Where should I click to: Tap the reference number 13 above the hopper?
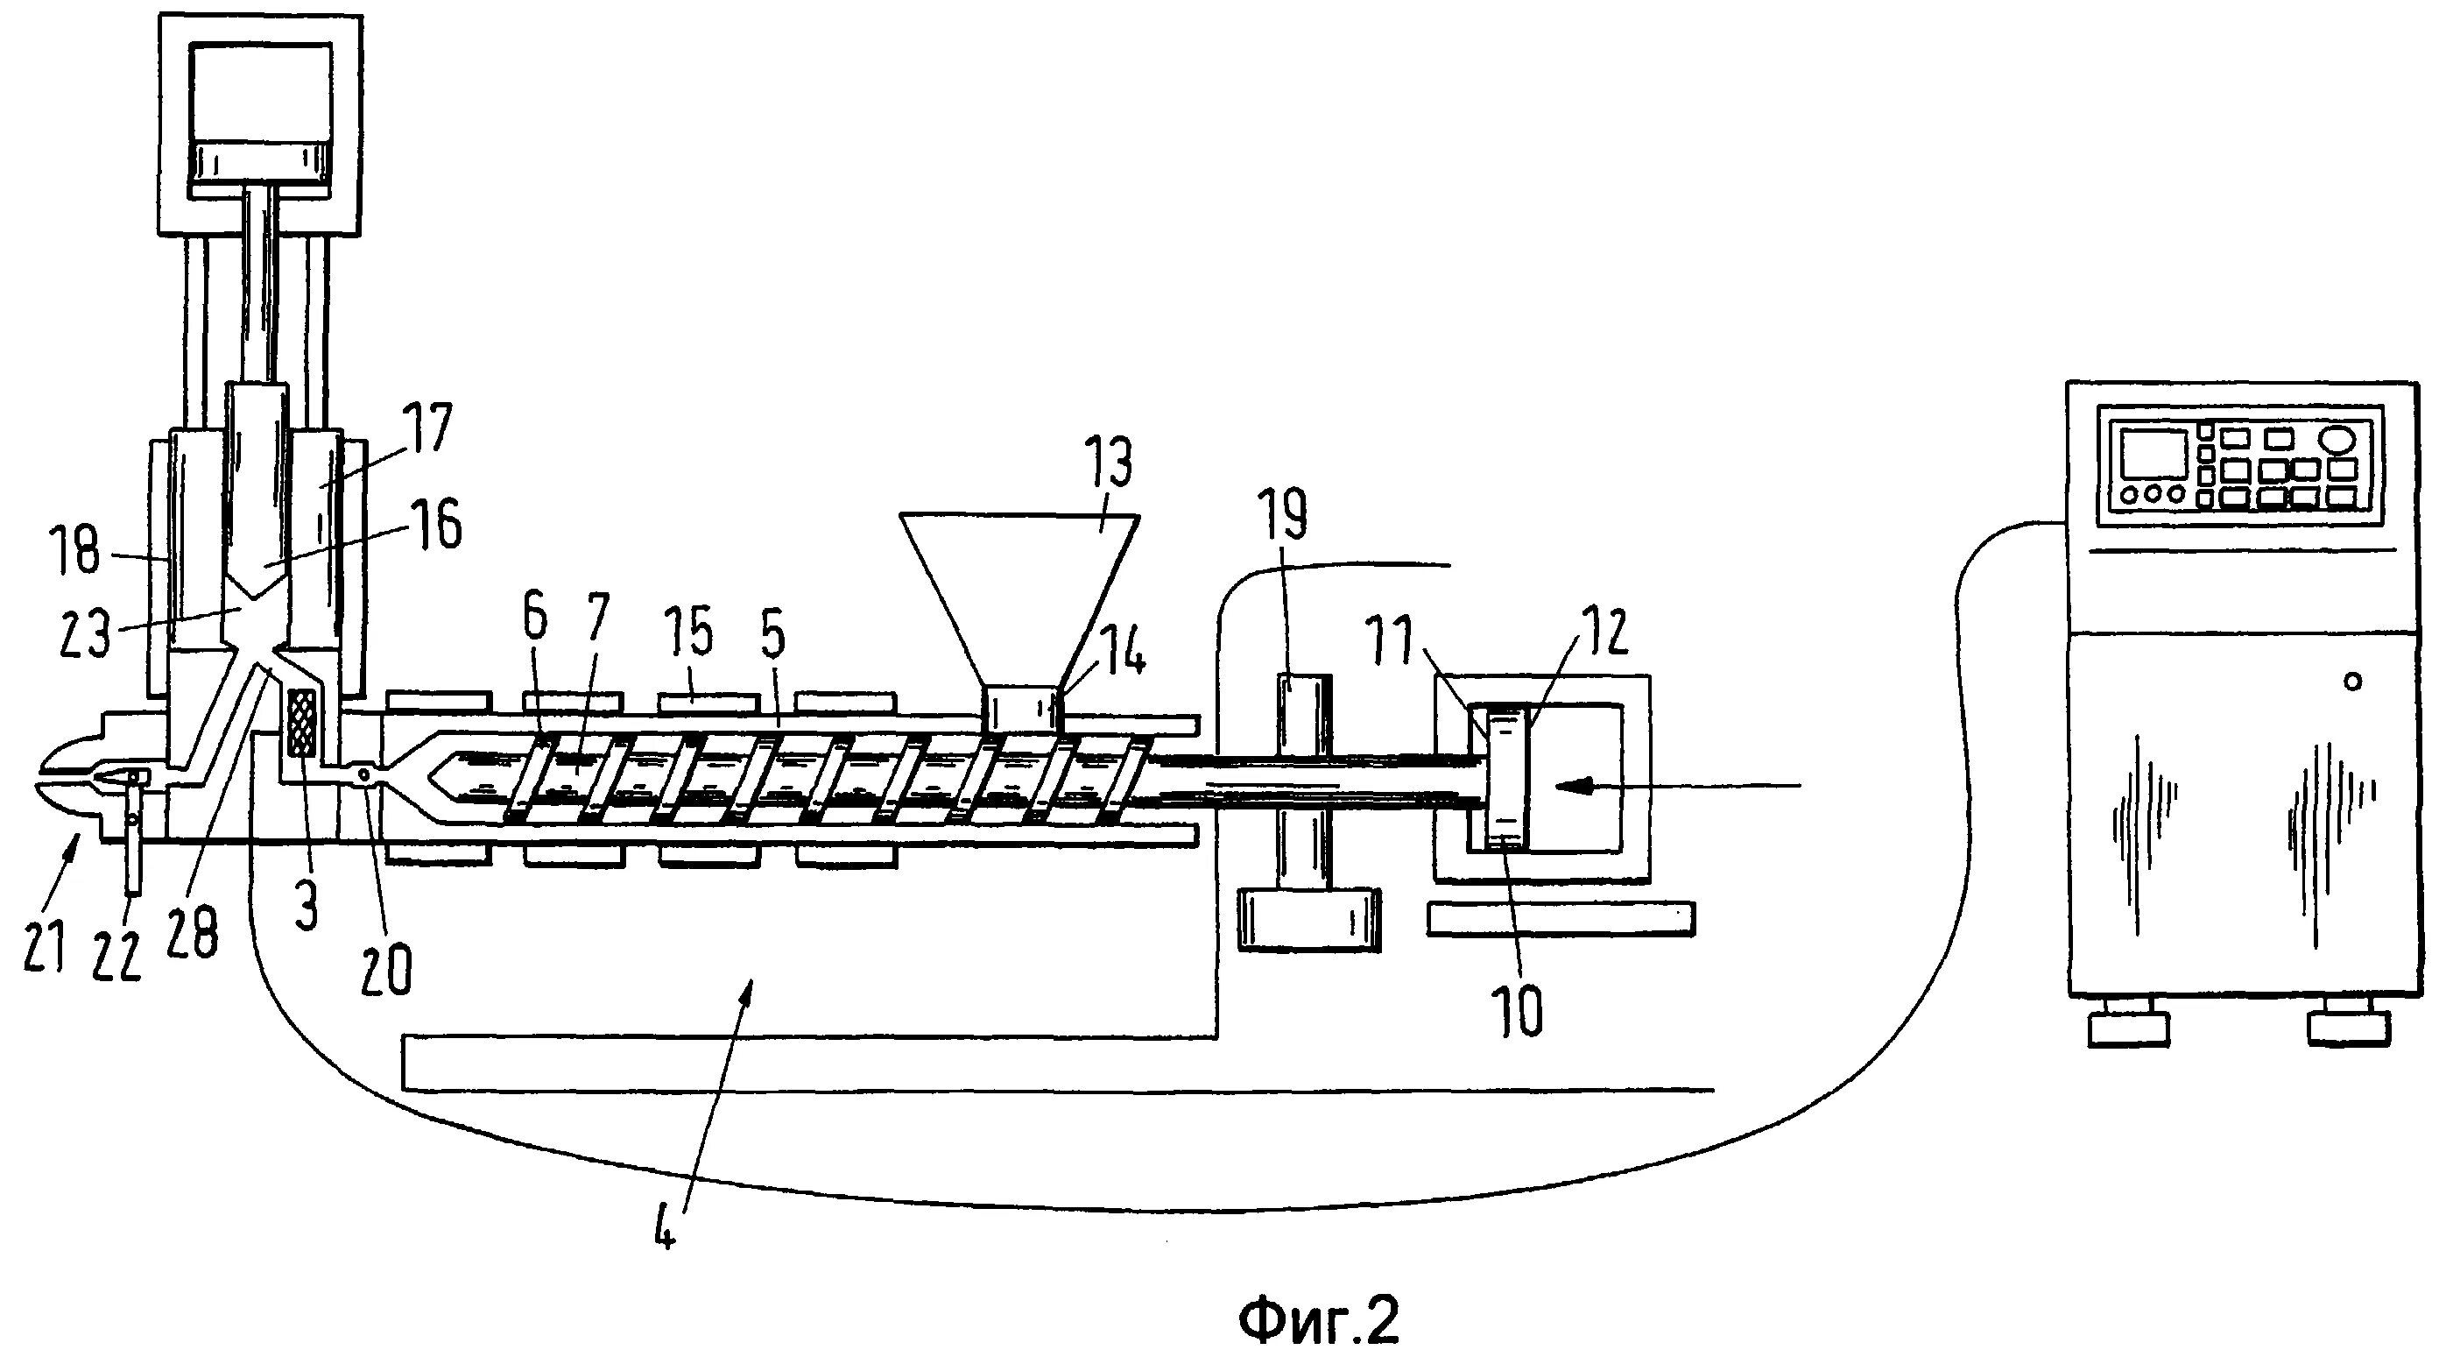[1108, 463]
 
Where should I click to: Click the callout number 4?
[666, 1228]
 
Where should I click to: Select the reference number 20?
[386, 970]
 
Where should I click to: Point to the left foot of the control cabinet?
[2128, 1028]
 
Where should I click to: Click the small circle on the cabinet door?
[2352, 681]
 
